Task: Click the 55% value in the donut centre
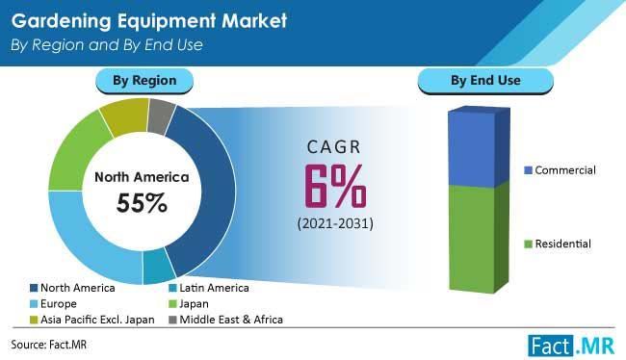tap(142, 203)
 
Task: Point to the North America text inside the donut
tap(142, 177)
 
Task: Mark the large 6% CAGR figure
tap(334, 187)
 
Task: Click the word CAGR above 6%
tap(334, 147)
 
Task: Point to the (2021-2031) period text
tap(334, 225)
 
